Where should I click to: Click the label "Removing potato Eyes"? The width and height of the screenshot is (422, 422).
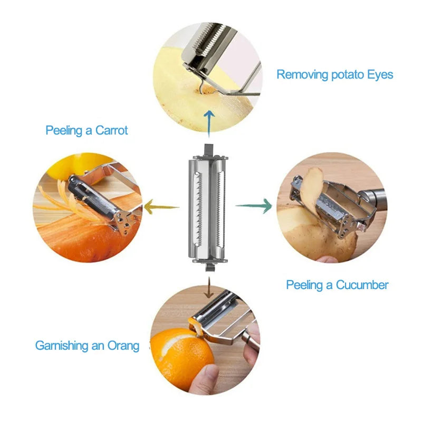(x=335, y=74)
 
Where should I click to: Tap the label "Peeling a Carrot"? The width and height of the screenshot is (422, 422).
(x=87, y=130)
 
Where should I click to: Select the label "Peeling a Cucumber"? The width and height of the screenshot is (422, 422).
(x=337, y=285)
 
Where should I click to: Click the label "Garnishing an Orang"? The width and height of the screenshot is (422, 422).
(x=88, y=346)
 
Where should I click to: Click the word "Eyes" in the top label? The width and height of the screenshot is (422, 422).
(x=378, y=74)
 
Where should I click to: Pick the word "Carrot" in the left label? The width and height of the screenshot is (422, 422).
(x=112, y=130)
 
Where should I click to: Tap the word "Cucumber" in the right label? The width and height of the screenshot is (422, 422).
(x=362, y=285)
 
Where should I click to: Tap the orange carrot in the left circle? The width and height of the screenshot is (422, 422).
(x=79, y=235)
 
